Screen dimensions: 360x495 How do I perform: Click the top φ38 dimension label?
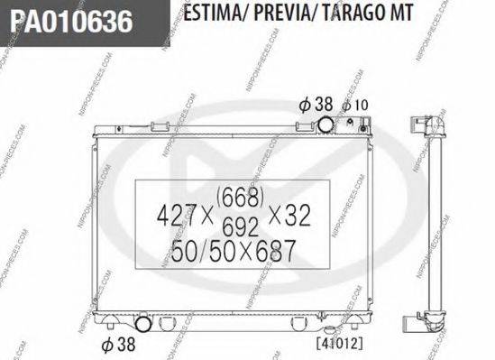(x=315, y=105)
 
